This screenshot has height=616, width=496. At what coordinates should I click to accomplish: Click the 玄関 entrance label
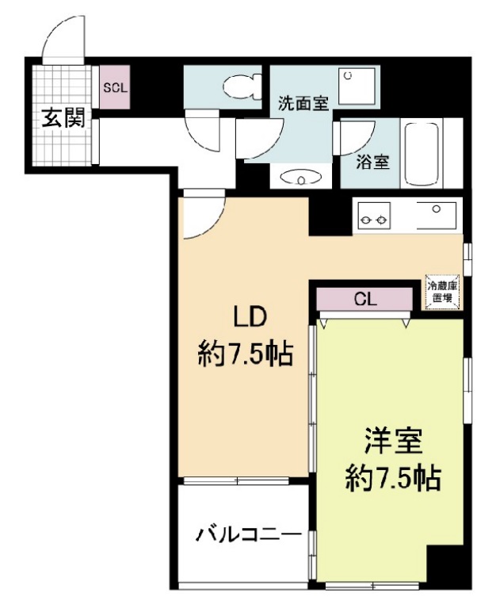[63, 120]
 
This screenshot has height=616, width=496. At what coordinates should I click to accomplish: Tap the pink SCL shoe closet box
[116, 88]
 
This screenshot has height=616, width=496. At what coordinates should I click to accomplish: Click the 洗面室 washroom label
[303, 102]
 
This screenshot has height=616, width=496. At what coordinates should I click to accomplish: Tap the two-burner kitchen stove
[374, 216]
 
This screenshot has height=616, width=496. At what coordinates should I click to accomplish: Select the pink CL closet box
[364, 299]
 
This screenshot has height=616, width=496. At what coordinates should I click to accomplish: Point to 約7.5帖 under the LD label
[246, 354]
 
